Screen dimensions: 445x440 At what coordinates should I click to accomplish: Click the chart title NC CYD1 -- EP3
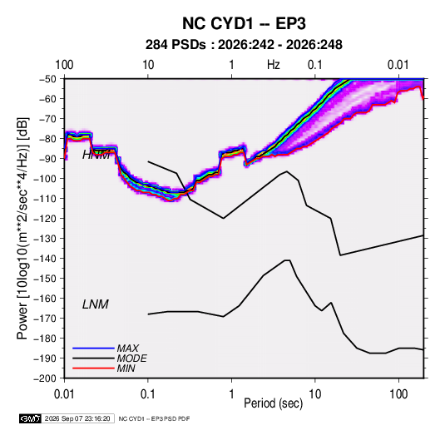click(244, 23)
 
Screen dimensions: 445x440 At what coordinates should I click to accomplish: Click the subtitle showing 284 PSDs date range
click(244, 45)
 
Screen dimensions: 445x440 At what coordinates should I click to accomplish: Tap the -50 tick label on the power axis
click(47, 79)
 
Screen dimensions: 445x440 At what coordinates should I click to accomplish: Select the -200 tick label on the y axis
click(45, 378)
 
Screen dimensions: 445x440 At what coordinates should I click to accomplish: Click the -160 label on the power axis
click(45, 299)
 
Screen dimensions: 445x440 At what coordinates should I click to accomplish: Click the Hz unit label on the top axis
click(274, 65)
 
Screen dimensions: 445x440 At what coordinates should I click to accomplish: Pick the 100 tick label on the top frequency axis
click(64, 65)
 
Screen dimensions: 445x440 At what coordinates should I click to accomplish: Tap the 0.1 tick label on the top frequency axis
click(315, 65)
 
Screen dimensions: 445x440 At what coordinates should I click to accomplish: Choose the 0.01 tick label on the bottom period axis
click(64, 394)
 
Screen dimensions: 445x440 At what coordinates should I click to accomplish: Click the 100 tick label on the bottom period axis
click(398, 394)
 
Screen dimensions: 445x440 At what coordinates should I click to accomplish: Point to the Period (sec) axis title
click(274, 403)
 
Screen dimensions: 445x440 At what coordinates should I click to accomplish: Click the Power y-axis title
click(22, 228)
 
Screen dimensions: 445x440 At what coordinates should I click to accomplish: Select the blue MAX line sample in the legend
click(93, 348)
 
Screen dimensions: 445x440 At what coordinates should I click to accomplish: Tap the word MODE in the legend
click(132, 358)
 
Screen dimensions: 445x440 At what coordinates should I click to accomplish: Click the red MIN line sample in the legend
click(93, 368)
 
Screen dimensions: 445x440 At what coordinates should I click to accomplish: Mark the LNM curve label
click(96, 304)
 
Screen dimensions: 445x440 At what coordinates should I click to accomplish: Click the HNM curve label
click(96, 155)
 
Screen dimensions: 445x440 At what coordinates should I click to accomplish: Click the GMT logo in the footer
click(30, 418)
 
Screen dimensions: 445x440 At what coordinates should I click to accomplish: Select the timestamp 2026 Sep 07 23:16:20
click(77, 418)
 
